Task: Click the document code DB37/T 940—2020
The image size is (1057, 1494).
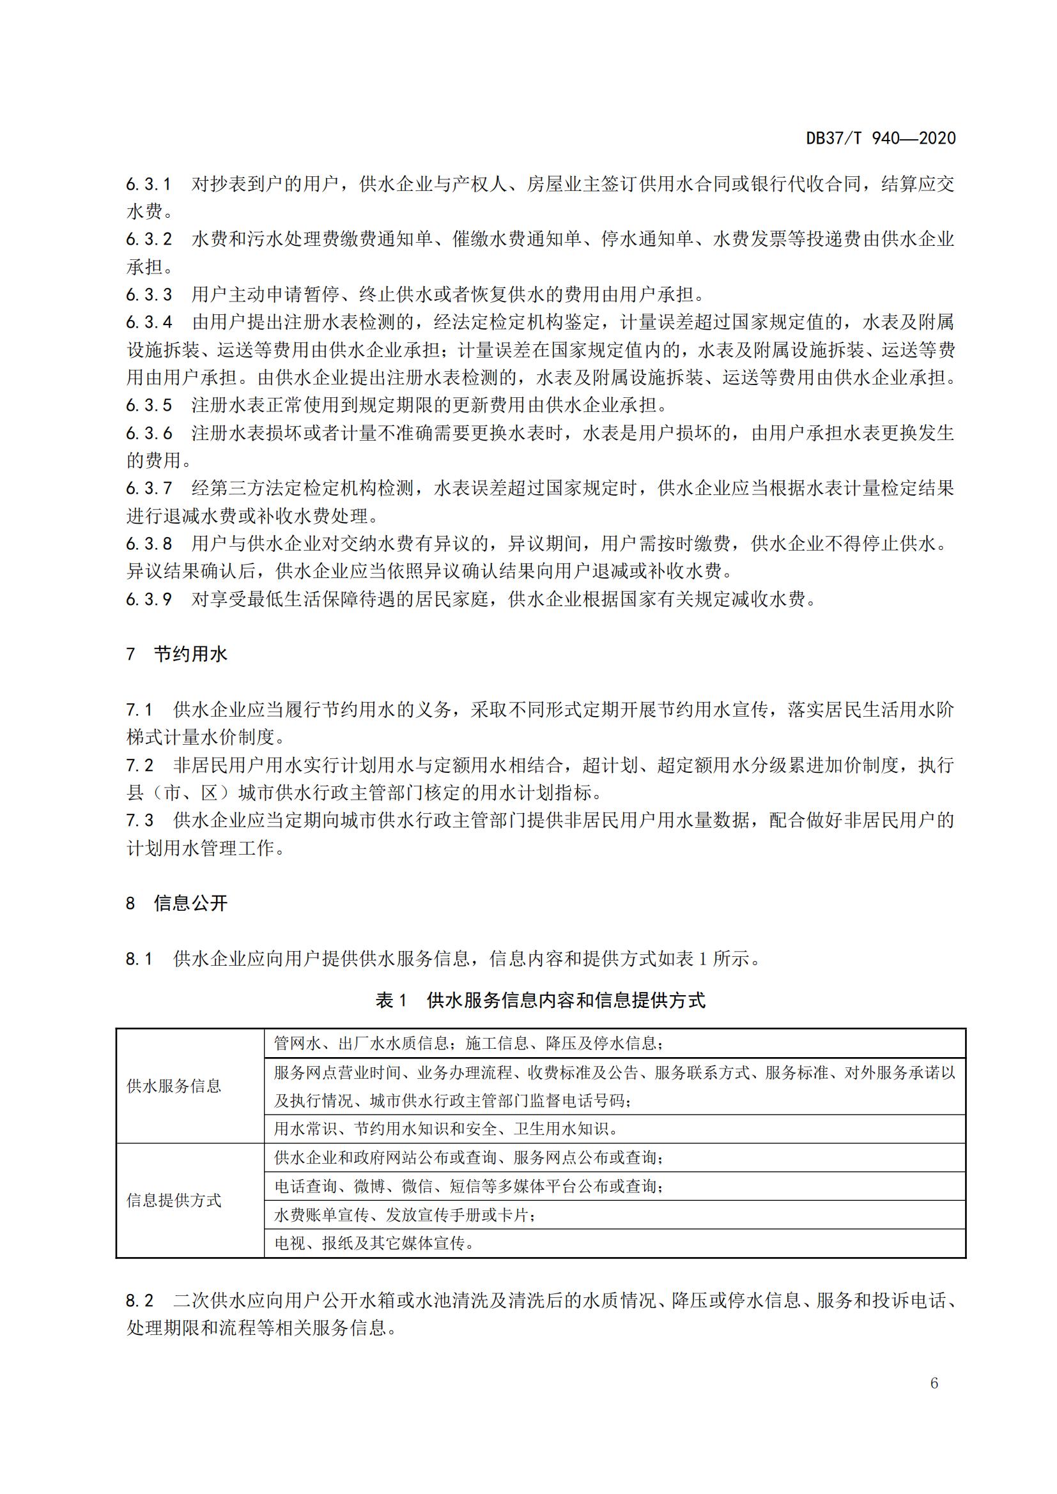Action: (x=881, y=138)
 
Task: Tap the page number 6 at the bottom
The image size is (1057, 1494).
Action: (x=934, y=1383)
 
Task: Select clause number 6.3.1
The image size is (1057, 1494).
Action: (x=148, y=184)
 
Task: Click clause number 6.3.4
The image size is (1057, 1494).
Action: (x=148, y=322)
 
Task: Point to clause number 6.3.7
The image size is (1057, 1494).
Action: (x=148, y=488)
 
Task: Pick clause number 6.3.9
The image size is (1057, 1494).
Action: (x=148, y=598)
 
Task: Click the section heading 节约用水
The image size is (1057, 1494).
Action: (x=190, y=654)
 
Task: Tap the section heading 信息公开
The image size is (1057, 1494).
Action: (x=190, y=903)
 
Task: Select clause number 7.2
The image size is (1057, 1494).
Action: (x=139, y=765)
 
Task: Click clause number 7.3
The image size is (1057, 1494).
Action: (x=139, y=821)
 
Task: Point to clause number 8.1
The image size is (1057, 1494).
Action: (x=139, y=959)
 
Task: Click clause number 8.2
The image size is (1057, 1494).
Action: (x=139, y=1300)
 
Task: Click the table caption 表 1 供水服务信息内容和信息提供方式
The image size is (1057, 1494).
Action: (x=540, y=1000)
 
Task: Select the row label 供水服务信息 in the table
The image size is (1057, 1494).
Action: (x=174, y=1086)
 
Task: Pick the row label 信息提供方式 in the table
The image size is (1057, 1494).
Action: (x=174, y=1201)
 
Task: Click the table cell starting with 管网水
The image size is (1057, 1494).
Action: (x=468, y=1044)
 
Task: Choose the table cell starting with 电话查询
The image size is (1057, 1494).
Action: (x=468, y=1186)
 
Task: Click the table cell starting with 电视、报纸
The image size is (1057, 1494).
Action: (x=374, y=1244)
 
